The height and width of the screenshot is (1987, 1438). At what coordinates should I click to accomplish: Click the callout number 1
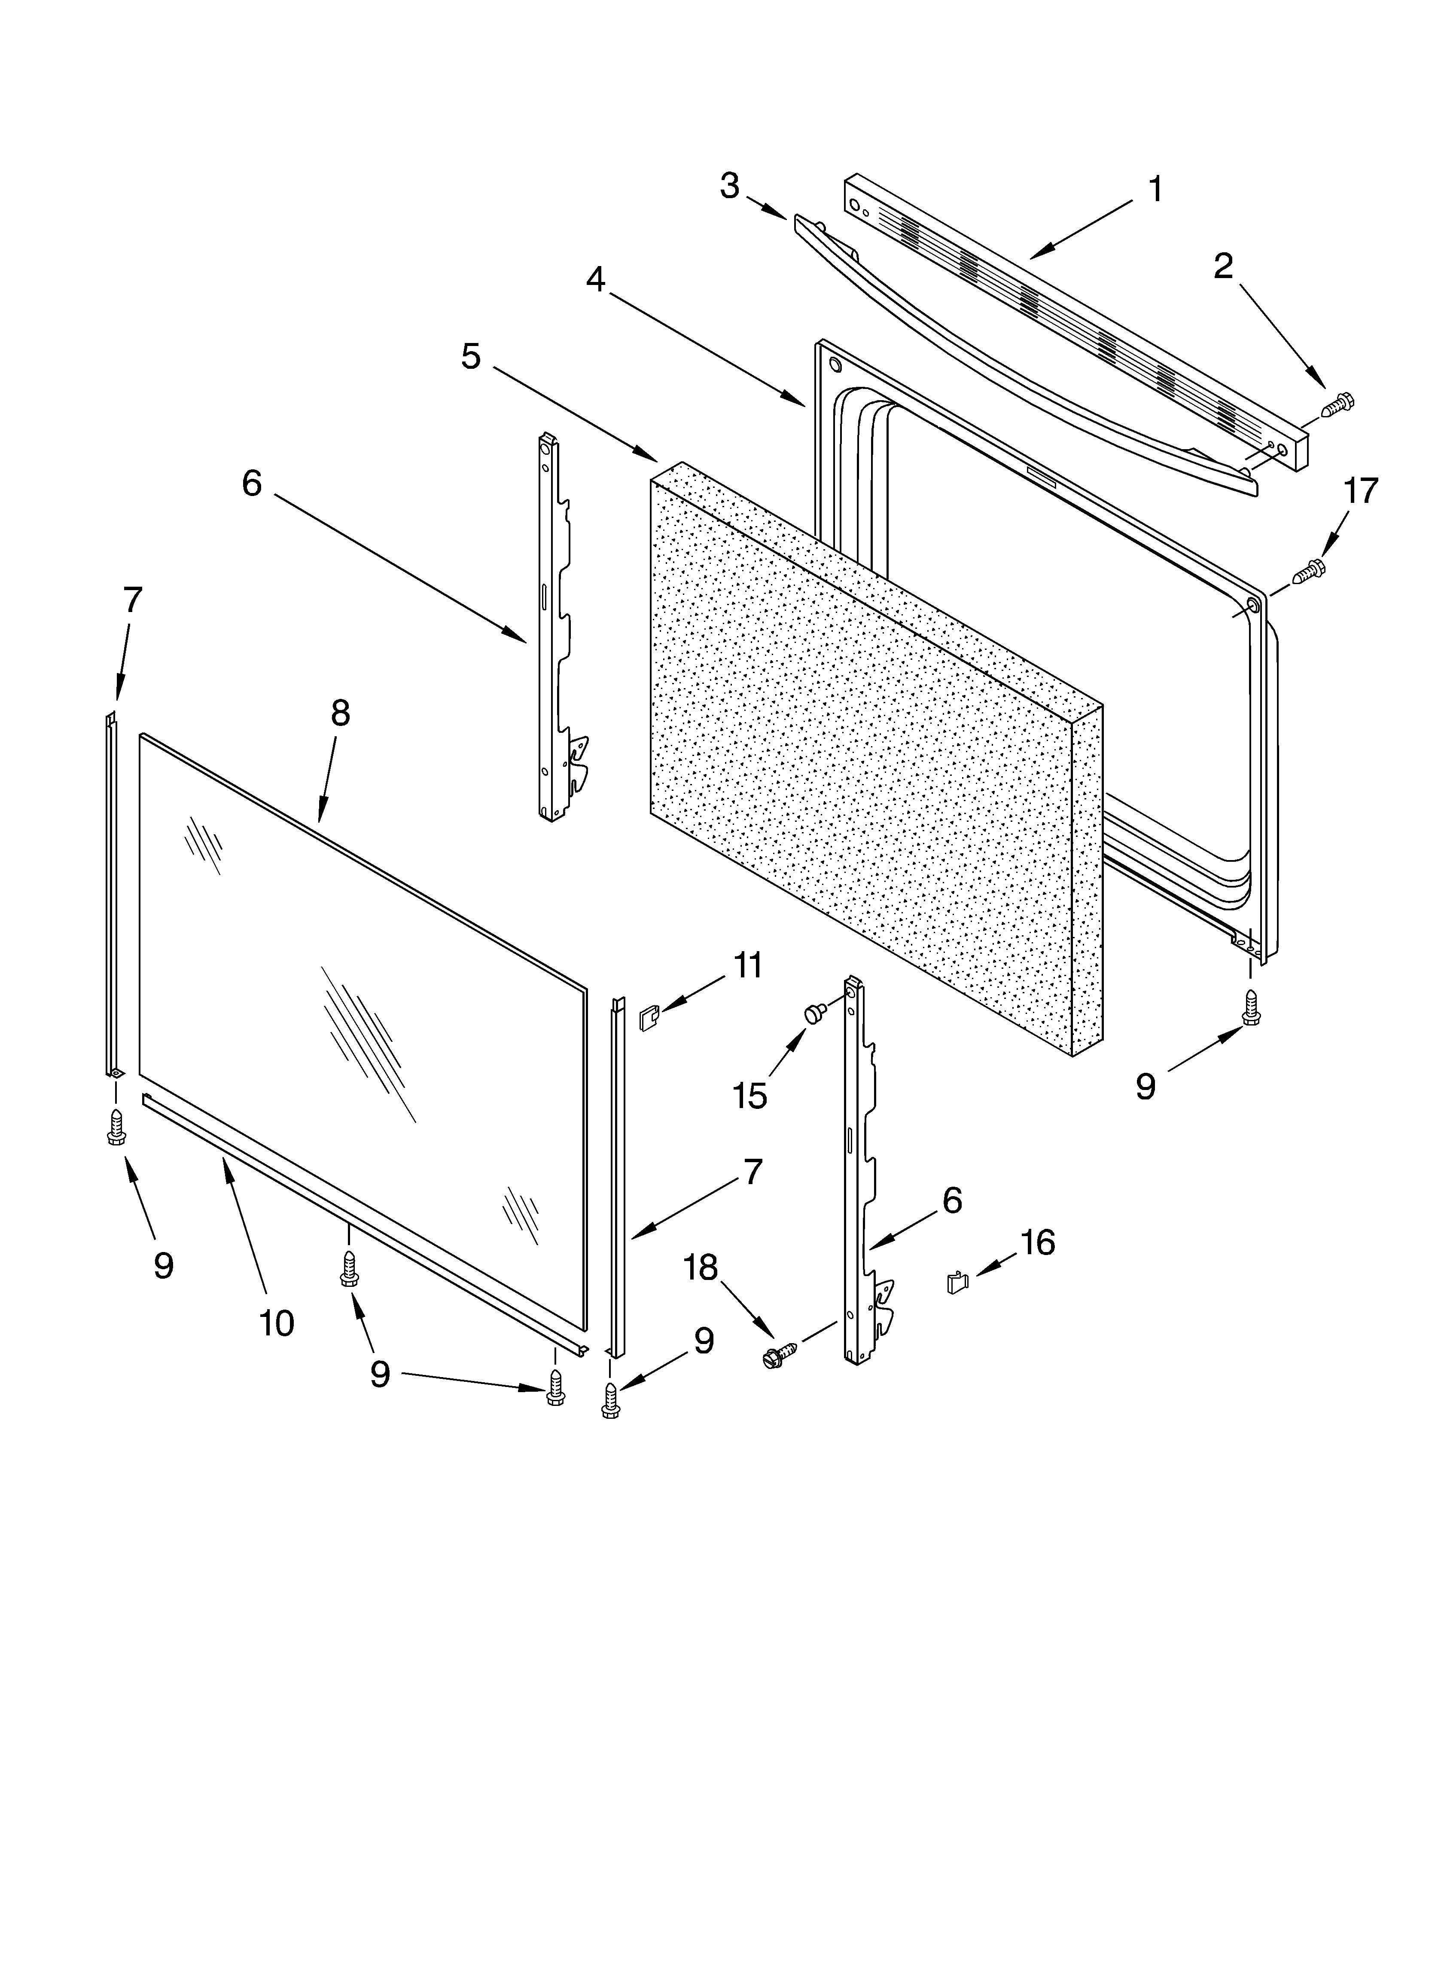[x=1155, y=189]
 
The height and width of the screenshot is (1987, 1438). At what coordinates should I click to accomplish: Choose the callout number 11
[x=747, y=965]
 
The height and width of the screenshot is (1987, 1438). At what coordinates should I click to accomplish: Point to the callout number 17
[x=1360, y=492]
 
